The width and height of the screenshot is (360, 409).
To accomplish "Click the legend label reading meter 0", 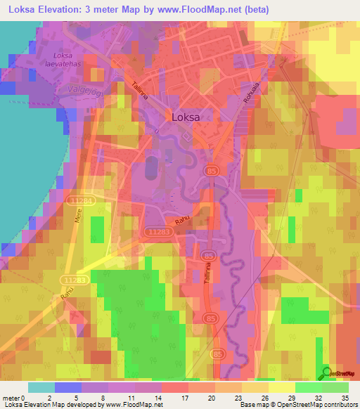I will point(15,398).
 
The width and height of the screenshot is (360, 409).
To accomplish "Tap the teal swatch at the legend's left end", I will point(41,387).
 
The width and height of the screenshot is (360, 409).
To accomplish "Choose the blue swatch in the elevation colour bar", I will point(68,387).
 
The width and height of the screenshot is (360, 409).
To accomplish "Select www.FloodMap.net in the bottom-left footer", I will point(133,405).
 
